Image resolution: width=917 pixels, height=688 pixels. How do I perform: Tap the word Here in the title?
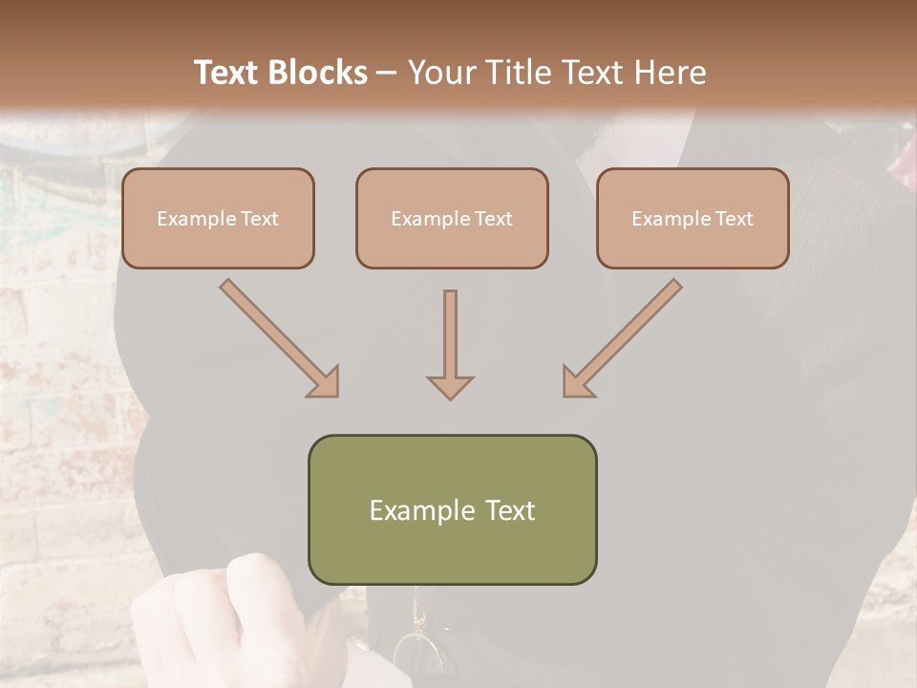pos(670,73)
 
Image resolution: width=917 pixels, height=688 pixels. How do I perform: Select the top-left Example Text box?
pos(218,219)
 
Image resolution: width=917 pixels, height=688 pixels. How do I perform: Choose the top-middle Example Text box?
pos(452,219)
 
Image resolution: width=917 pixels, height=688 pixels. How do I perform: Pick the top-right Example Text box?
pos(693,219)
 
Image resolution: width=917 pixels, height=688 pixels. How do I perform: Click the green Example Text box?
pos(452,509)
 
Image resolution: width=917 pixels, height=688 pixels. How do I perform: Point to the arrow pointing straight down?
pos(450,344)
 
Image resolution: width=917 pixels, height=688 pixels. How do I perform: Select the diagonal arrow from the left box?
pos(280,338)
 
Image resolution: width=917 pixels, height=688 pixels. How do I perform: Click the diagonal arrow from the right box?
pos(622,338)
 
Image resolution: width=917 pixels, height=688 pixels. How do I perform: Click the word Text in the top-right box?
pos(733,219)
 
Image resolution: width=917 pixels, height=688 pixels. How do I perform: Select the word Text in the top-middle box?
pos(493,219)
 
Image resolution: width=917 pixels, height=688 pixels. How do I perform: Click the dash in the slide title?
pos(387,73)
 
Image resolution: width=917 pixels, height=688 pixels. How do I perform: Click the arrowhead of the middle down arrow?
pos(450,386)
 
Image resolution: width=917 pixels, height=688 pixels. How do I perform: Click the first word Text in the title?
pos(230,73)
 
